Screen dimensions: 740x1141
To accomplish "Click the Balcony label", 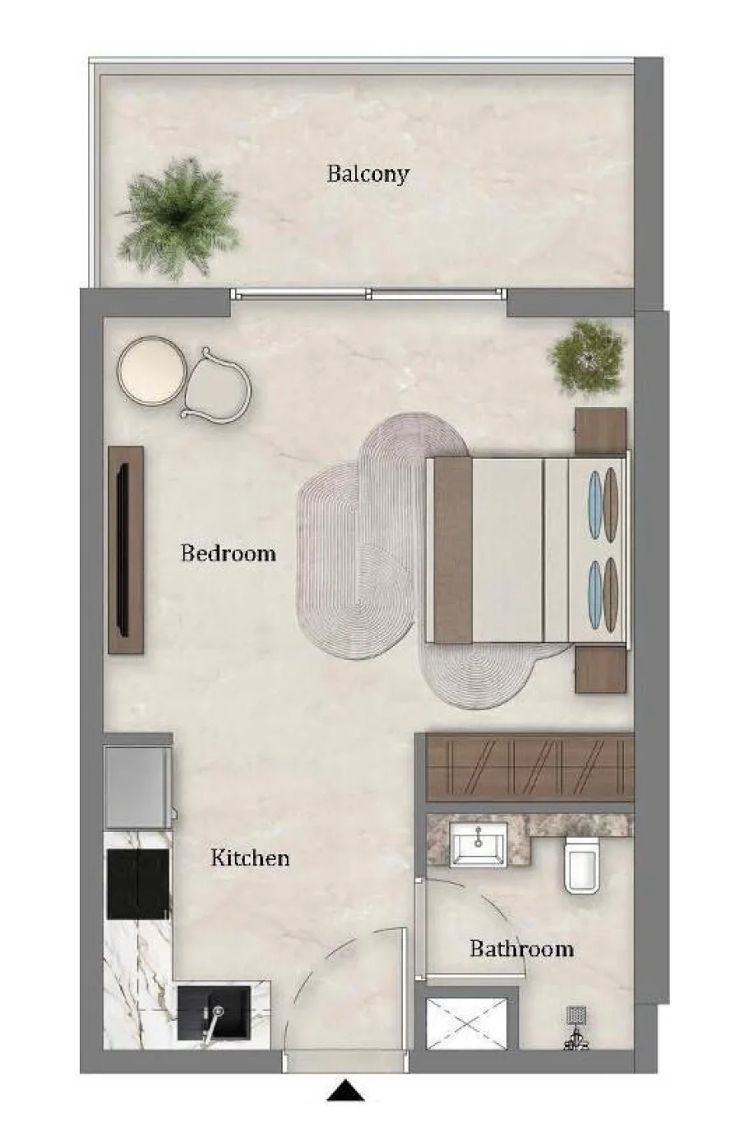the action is [368, 174].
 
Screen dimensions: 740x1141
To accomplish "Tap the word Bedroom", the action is [229, 553].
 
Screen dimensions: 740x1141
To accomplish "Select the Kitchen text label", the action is [250, 857].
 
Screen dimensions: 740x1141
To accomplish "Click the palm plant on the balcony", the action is [178, 219].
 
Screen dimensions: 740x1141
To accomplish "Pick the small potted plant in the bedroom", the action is [587, 358].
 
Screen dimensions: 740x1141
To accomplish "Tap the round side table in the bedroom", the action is [151, 370].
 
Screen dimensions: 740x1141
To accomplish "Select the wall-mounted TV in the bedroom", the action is [123, 550].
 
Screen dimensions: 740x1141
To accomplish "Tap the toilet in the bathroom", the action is [582, 866].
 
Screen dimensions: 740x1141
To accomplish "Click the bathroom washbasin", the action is [479, 844].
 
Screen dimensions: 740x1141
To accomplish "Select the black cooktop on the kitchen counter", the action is [137, 884].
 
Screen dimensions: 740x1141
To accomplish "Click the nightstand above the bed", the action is [600, 430].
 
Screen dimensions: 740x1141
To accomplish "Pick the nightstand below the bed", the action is [600, 669].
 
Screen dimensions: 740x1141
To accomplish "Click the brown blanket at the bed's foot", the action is [452, 550].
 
